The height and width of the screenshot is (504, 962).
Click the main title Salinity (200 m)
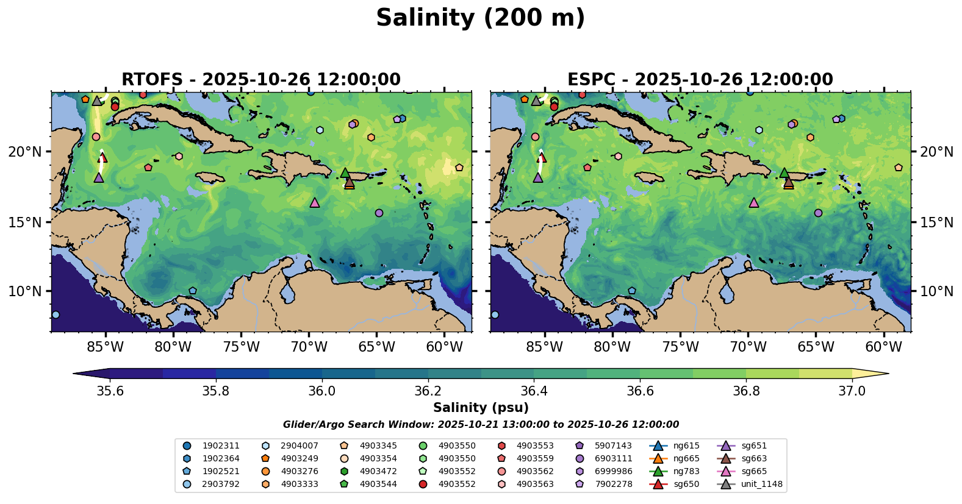[x=480, y=18]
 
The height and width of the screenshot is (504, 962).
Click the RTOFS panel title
[x=261, y=80]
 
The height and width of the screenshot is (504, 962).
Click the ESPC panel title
[x=700, y=80]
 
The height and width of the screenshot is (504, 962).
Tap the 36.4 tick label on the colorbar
[x=534, y=391]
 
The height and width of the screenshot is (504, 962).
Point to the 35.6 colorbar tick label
[x=110, y=391]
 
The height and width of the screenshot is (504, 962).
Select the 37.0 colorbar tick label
[x=852, y=391]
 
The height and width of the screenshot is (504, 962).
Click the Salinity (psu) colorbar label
[x=481, y=408]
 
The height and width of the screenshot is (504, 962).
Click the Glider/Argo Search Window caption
[x=481, y=425]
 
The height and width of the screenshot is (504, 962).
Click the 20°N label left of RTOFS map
[x=25, y=152]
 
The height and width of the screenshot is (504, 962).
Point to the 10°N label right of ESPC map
[x=936, y=291]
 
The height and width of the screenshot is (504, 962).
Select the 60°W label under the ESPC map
[x=883, y=347]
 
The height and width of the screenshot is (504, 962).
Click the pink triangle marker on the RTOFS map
[x=315, y=202]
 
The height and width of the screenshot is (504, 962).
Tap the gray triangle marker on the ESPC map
[x=536, y=101]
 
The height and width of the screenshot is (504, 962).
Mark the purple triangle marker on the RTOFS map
[x=99, y=177]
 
